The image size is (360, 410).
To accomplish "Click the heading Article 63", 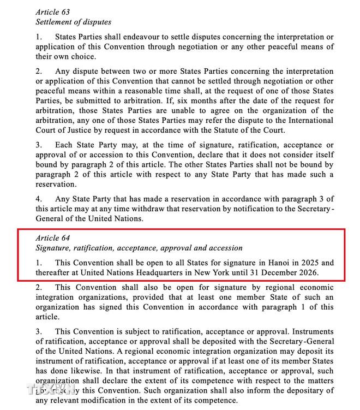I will pos(53,11).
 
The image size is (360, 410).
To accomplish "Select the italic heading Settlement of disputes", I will pos(73,22).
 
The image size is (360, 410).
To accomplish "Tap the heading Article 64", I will pos(53,239).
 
